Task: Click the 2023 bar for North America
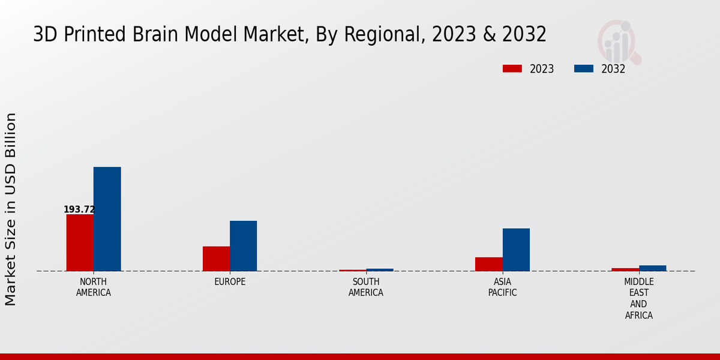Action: [x=80, y=242]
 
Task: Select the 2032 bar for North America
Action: [x=107, y=219]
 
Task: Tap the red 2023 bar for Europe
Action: [x=216, y=259]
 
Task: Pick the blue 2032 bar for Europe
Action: [x=243, y=246]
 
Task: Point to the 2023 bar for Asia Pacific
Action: [x=488, y=264]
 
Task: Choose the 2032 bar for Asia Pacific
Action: [x=516, y=250]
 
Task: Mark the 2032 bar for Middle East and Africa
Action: [x=652, y=268]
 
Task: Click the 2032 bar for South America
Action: [x=380, y=270]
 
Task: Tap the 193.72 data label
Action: [x=79, y=209]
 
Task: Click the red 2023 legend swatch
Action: [x=512, y=69]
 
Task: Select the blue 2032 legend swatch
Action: [x=583, y=69]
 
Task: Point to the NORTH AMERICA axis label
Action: [x=93, y=287]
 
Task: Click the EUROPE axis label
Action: [x=230, y=282]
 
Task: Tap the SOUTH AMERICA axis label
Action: [x=366, y=287]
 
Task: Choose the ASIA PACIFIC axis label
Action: [x=502, y=287]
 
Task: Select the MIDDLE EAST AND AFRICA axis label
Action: [x=638, y=298]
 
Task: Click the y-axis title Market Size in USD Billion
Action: [x=11, y=209]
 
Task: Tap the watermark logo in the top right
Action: [x=619, y=41]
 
